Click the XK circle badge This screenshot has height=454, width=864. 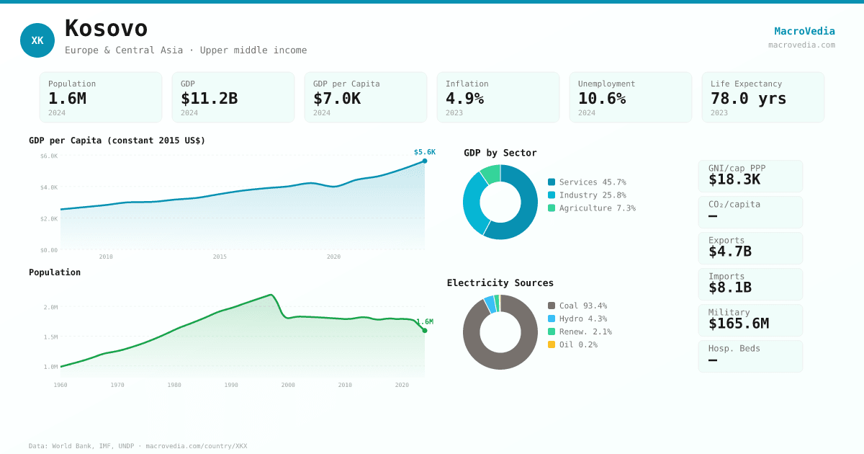point(37,40)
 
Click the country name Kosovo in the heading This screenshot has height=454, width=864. point(106,28)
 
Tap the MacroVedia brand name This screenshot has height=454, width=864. point(804,31)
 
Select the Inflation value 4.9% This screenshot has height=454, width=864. point(464,98)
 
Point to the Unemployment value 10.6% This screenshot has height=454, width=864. point(601,98)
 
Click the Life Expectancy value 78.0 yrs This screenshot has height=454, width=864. point(748,98)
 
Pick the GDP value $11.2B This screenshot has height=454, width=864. point(209,98)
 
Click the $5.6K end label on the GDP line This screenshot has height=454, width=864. point(424,152)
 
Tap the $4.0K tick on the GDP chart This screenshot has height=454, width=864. point(49,187)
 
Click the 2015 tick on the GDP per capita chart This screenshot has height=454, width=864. point(220,257)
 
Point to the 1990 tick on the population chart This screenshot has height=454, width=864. point(231,385)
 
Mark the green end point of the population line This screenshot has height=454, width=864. point(425,331)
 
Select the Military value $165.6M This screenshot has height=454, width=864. point(738,324)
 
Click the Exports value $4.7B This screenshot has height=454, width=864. point(729,252)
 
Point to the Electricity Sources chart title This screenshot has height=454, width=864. point(500,282)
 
